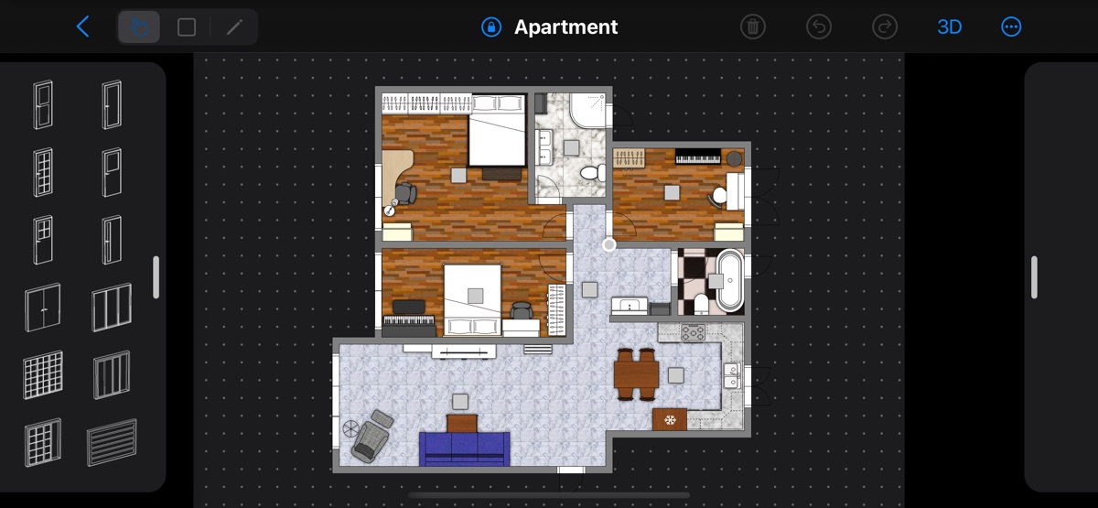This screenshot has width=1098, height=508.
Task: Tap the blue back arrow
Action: point(83,27)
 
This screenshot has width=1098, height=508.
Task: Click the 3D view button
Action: point(949,27)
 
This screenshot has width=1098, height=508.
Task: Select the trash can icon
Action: point(752,27)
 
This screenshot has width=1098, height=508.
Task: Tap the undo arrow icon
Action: point(819,27)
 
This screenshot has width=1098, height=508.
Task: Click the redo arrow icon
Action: point(884,27)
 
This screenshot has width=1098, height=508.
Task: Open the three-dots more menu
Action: point(1011,27)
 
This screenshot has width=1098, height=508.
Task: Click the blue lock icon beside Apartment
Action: point(491,27)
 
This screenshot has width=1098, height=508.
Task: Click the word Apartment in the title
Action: point(565,27)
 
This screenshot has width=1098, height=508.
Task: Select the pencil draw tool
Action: point(234,27)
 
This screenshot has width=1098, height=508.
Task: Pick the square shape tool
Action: point(187,27)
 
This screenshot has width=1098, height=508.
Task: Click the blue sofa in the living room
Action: point(464,449)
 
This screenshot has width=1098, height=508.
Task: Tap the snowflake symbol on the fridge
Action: point(670,420)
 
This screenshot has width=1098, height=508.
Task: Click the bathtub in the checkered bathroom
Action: point(730,280)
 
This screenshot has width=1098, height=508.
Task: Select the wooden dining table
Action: point(636,374)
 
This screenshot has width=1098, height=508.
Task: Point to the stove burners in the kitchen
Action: point(694,332)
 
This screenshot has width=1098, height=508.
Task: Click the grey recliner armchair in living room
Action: point(372,437)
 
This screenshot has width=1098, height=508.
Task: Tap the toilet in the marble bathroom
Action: point(593,172)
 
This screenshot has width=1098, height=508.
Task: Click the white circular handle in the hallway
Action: point(608,244)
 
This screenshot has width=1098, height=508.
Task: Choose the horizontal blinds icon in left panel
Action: point(112,442)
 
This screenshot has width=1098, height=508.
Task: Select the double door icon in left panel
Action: point(43,308)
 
